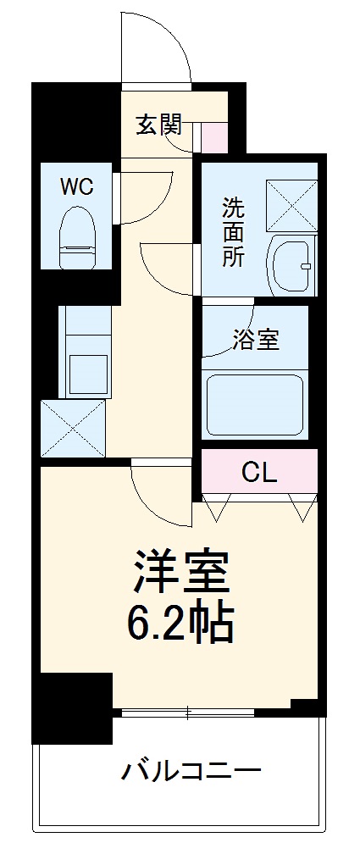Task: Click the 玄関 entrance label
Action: [158, 125]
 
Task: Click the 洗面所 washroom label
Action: [233, 233]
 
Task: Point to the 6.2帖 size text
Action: [180, 625]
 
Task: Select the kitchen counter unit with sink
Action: [86, 352]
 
